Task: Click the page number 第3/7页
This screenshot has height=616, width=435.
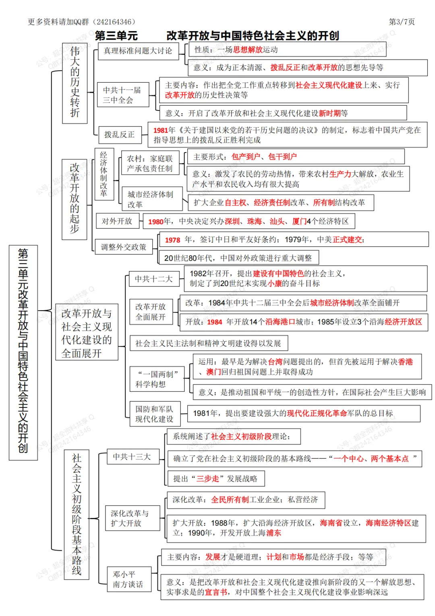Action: point(401,22)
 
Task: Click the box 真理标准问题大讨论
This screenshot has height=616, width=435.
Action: point(138,51)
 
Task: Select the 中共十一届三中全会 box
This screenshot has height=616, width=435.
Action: point(122,95)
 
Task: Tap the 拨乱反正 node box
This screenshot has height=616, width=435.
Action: point(120,135)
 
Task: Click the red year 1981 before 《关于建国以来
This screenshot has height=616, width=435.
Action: point(160,130)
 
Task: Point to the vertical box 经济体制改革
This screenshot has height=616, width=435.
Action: point(104,174)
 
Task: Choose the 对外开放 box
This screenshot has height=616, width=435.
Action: point(117,221)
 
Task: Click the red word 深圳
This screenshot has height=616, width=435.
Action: point(232,221)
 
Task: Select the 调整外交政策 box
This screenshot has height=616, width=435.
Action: point(124,247)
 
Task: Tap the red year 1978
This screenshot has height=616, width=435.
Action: point(172,240)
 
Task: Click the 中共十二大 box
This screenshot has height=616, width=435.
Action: point(153,279)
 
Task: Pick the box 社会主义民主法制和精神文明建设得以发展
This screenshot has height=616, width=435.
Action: point(208,343)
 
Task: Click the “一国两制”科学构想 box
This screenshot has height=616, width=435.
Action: point(156,379)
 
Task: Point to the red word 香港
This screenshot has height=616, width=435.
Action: point(405,362)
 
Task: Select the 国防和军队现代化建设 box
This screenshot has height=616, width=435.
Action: point(154,414)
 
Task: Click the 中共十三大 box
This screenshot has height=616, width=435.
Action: point(132,457)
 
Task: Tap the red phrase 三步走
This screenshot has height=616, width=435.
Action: point(207,479)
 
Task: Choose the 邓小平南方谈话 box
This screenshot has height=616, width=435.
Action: point(129,579)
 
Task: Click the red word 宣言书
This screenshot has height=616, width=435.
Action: point(216,592)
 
